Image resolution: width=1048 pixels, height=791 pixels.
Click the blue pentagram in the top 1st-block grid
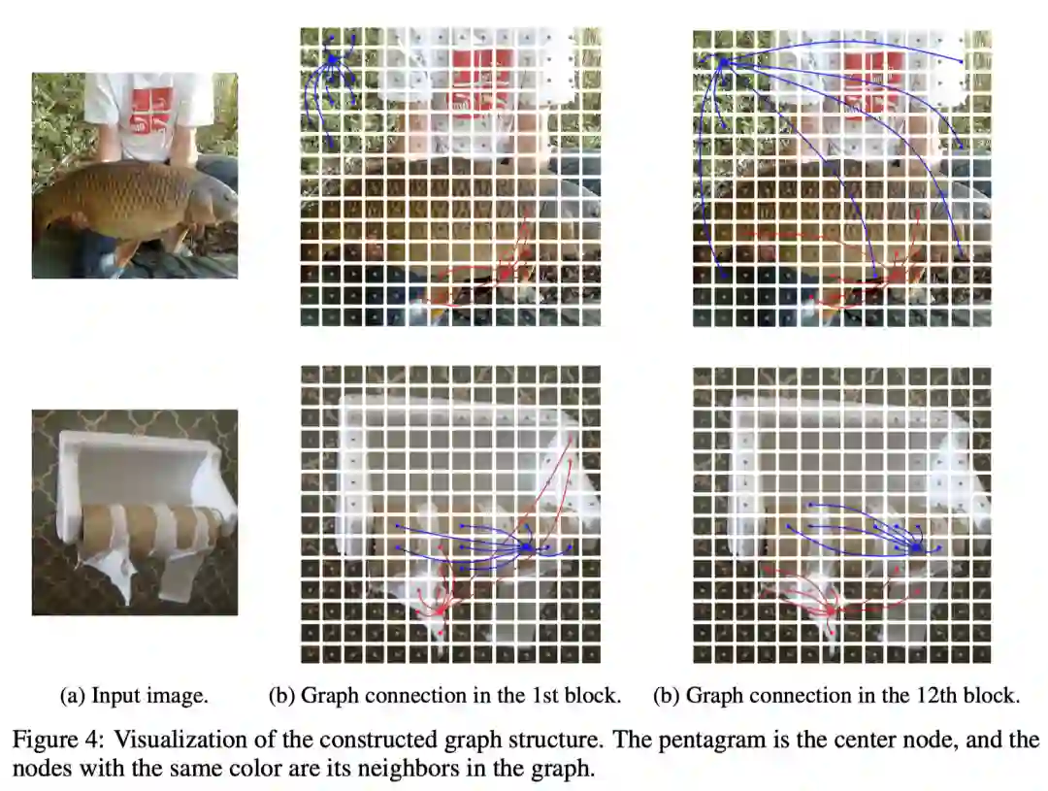332,59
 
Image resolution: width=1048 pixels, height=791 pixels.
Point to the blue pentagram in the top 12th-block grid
723,62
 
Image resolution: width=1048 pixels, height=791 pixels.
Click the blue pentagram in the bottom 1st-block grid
526,547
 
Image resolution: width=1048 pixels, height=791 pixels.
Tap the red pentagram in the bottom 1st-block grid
440,610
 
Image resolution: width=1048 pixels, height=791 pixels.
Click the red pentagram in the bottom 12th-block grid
831,610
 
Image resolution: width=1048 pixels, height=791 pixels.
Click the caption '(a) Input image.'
134,696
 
